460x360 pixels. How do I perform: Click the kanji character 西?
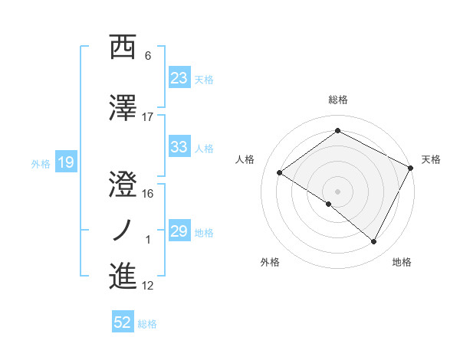click(x=123, y=47)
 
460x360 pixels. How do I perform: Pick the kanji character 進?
click(x=123, y=276)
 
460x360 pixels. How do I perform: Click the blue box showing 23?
click(x=179, y=78)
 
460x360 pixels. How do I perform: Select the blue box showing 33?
click(x=179, y=148)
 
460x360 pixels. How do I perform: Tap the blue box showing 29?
click(x=179, y=231)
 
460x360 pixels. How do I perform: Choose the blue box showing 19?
click(x=65, y=162)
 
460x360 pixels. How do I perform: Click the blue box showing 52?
click(x=123, y=323)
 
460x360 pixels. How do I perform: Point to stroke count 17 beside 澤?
click(x=148, y=116)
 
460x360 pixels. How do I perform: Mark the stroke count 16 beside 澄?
click(x=148, y=194)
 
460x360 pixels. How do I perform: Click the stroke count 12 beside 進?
click(x=148, y=286)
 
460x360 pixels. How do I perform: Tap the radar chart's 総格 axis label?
click(x=337, y=100)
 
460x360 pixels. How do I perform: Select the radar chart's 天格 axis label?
click(x=431, y=159)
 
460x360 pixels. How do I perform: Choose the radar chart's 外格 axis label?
click(x=270, y=262)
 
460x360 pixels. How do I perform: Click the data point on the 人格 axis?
click(x=280, y=172)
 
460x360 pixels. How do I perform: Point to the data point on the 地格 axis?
click(x=374, y=242)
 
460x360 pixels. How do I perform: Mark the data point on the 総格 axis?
click(x=337, y=131)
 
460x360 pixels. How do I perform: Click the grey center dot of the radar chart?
click(x=337, y=191)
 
